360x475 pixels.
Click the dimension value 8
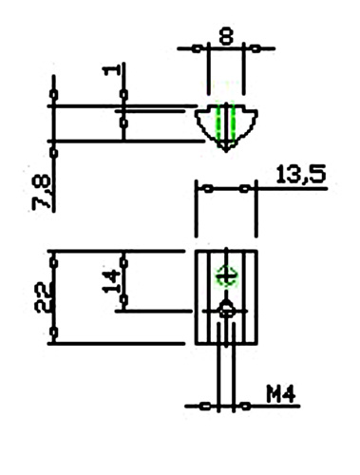click(226, 36)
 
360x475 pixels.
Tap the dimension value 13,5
click(301, 174)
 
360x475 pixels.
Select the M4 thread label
click(281, 394)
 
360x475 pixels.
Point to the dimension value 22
click(44, 297)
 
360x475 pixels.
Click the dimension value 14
click(111, 281)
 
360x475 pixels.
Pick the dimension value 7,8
click(41, 192)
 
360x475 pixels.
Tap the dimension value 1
click(111, 70)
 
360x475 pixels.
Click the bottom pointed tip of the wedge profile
click(226, 151)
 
